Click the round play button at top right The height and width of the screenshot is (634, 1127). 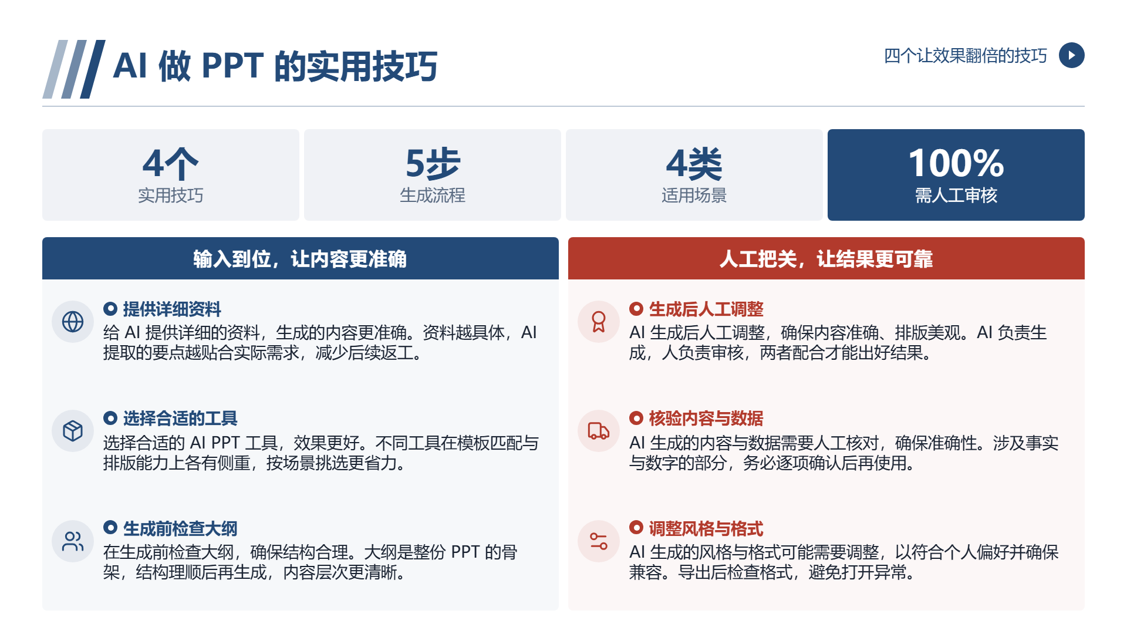tap(1071, 55)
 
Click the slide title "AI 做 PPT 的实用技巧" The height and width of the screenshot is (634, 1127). tap(275, 66)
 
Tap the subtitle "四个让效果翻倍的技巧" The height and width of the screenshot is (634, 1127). tap(965, 56)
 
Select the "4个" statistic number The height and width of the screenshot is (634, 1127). tap(170, 163)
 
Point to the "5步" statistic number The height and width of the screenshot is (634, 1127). tap(433, 163)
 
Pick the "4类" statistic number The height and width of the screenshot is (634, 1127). tap(694, 163)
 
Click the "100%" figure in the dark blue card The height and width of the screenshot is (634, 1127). tap(956, 163)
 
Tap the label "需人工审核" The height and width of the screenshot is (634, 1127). tap(956, 195)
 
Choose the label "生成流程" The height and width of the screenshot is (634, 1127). tap(433, 195)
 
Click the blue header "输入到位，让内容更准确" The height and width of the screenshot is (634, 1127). tap(300, 259)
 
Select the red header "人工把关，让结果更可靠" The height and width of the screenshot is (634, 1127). tap(826, 259)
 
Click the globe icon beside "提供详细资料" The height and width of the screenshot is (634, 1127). tap(73, 322)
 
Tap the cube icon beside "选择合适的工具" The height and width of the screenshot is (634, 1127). tap(73, 431)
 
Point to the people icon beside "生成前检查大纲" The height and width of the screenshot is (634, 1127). tap(73, 541)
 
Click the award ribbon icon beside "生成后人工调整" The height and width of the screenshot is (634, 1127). tap(599, 322)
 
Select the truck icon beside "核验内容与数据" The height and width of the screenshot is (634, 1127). tap(599, 431)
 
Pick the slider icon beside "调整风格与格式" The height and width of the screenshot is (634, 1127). tap(599, 541)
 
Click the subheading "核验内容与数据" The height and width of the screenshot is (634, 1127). tap(706, 419)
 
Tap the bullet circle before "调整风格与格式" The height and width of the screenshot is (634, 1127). tap(636, 527)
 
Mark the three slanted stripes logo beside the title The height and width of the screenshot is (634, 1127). tap(74, 69)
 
